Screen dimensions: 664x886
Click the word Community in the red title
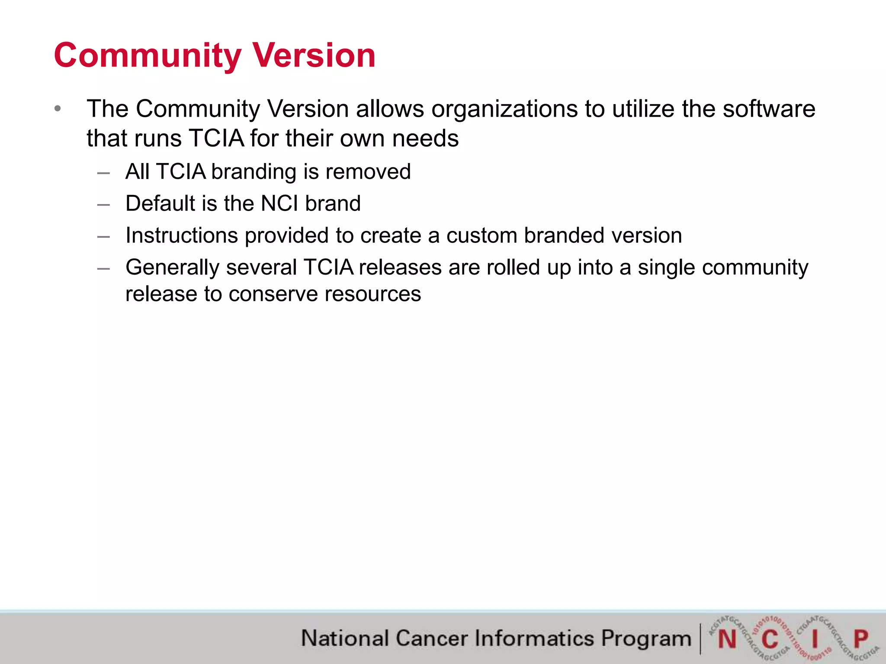(x=147, y=56)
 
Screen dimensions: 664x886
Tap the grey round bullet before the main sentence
(x=58, y=109)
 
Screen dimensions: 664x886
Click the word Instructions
(x=182, y=236)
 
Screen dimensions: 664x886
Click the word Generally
(x=173, y=268)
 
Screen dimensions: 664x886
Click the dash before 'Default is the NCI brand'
(x=103, y=204)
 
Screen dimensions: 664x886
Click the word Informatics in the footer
(x=534, y=638)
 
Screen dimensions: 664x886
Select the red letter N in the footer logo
(x=727, y=639)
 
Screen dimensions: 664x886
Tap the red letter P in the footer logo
(x=860, y=638)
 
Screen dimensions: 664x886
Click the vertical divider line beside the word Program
(x=700, y=638)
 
